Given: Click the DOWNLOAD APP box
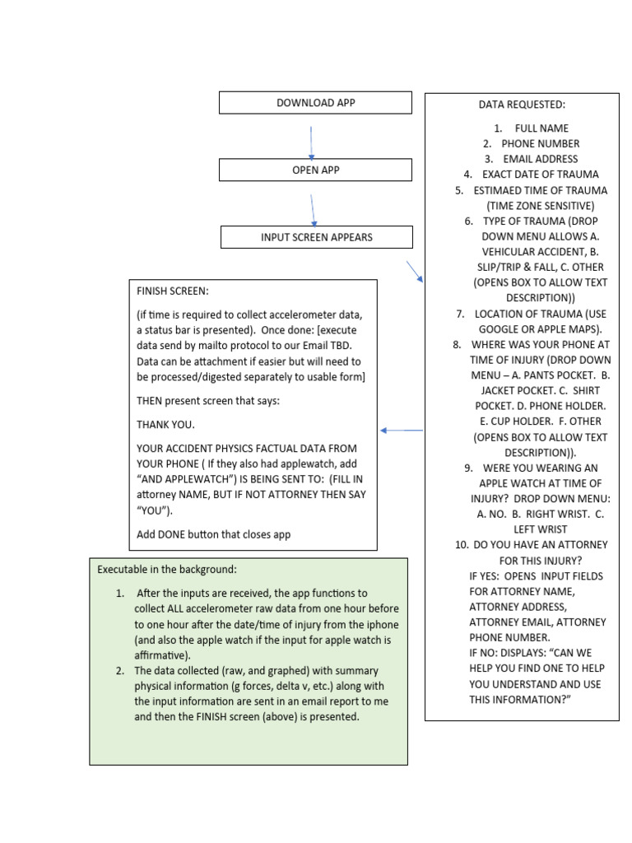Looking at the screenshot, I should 315,103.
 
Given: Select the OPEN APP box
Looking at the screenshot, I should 315,170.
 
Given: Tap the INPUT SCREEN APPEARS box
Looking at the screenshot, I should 316,237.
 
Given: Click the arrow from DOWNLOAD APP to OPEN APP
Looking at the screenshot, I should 311,142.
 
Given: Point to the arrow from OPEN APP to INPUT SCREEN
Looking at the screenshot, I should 313,210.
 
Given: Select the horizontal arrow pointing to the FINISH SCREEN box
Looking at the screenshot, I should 402,430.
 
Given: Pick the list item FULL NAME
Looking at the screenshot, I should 541,128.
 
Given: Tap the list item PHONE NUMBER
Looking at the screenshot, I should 541,143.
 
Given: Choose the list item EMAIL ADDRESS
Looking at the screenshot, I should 541,159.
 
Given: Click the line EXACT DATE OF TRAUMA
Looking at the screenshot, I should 540,175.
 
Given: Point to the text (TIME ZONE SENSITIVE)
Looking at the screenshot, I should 540,205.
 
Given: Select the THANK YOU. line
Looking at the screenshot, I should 165,425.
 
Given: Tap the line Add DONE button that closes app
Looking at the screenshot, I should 213,534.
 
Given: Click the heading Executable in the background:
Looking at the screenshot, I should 167,569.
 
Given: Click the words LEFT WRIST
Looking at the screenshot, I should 541,529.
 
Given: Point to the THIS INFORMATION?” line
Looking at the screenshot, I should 520,699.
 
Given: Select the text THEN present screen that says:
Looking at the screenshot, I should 208,401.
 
